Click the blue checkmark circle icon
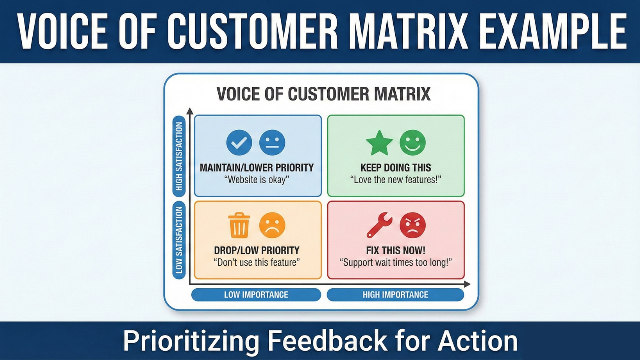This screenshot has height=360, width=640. [239, 143]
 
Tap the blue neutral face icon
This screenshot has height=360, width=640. [272, 143]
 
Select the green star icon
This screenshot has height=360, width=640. [379, 143]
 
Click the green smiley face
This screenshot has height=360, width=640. [413, 143]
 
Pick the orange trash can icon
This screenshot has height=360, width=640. [239, 225]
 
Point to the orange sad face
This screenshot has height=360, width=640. [272, 225]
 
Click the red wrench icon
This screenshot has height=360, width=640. [379, 225]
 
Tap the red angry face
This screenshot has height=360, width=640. [413, 225]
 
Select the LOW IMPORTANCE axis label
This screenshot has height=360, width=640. [256, 295]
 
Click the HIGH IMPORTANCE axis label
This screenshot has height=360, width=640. [395, 295]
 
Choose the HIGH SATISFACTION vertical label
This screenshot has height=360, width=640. [179, 156]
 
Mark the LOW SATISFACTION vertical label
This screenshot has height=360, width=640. [179, 240]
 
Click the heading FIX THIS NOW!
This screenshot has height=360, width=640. [396, 250]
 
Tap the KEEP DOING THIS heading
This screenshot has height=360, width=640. [396, 168]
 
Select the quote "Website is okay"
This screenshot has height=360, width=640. [257, 180]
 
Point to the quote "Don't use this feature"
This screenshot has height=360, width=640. [257, 262]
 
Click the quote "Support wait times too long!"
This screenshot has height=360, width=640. [396, 262]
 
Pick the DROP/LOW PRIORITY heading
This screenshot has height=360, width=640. [257, 250]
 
